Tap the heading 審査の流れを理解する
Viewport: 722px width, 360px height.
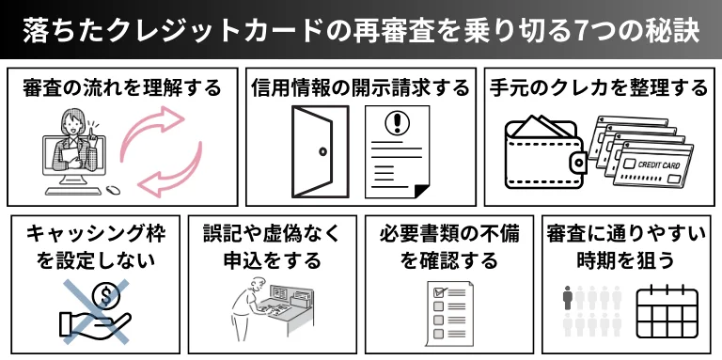[x=122, y=88]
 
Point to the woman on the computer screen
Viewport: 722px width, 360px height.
[x=75, y=142]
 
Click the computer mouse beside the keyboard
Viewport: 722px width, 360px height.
[x=113, y=189]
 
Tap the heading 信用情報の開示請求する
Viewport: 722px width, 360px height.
[x=361, y=88]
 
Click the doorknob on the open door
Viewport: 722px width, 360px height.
[x=322, y=151]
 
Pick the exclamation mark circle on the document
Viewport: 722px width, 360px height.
[x=396, y=122]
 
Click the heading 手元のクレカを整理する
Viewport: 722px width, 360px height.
[x=599, y=88]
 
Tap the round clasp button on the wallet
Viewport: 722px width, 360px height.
[x=578, y=162]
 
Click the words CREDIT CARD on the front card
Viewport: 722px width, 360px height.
[x=658, y=165]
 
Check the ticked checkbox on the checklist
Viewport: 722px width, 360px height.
[x=439, y=292]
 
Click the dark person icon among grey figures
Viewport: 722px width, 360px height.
[x=568, y=297]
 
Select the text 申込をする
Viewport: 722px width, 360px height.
[x=272, y=261]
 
